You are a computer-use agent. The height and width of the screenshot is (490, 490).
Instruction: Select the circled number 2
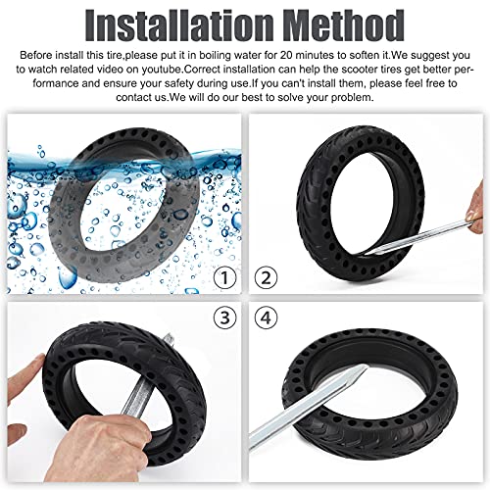coord(264,277)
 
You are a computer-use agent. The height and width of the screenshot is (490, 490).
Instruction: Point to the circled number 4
coord(264,318)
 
